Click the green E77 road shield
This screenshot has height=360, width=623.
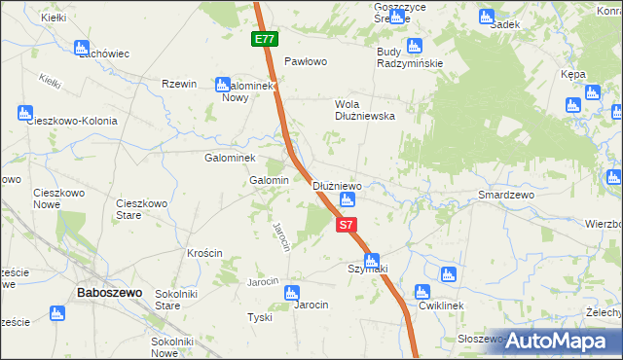pos(264,39)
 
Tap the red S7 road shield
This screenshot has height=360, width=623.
pos(346,225)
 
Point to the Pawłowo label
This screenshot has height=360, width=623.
pos(304,61)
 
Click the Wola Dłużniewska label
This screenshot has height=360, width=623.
pos(364,109)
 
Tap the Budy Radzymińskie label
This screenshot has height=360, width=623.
pos(410,57)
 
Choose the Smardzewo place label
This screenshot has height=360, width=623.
pos(507,195)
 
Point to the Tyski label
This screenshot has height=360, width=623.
pos(259,318)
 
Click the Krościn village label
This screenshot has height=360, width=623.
pos(204,253)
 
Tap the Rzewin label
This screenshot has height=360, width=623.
pos(180,85)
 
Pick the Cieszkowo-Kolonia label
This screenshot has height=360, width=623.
pos(73,122)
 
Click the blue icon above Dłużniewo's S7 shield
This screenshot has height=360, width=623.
pos(347,200)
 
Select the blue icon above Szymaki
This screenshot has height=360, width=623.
pos(371,259)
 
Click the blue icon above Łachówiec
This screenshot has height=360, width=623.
pos(82,46)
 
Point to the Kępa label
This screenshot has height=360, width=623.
pos(573,74)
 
